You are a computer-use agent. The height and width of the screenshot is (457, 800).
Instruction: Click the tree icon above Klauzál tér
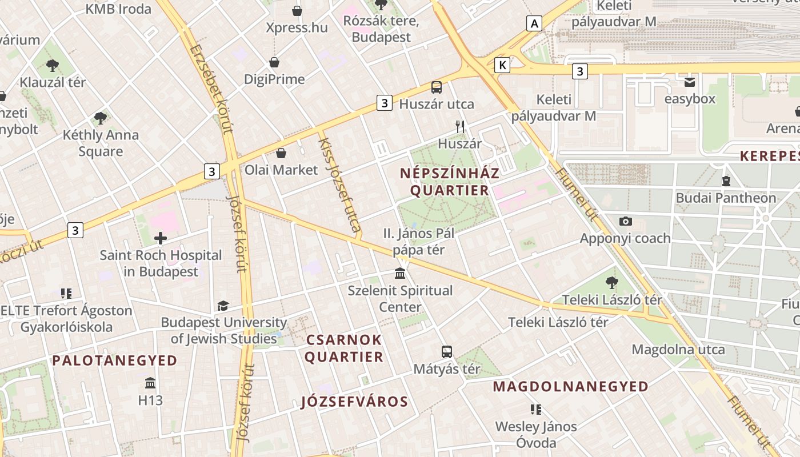point(53,66)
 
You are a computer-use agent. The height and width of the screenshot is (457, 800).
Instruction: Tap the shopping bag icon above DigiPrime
point(274,62)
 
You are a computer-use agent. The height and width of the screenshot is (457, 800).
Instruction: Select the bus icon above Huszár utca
point(437,87)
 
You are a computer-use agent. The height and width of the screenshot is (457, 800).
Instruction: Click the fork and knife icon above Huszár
point(460,127)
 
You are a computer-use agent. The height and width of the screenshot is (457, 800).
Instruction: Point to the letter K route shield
point(502,65)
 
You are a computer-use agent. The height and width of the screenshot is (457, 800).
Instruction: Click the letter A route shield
point(534,23)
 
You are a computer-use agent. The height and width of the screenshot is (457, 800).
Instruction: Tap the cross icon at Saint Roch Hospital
point(161,238)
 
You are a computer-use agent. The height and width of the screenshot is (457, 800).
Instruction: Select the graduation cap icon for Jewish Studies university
point(223,306)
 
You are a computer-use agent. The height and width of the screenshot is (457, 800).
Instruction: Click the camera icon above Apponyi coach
point(626,221)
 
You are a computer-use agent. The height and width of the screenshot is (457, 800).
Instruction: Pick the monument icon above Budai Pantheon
point(726,181)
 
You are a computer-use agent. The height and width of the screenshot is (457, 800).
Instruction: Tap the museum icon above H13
point(150,383)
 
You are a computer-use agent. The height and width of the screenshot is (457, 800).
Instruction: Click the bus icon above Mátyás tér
point(447,352)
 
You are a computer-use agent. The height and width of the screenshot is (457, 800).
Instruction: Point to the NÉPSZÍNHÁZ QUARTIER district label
point(449,182)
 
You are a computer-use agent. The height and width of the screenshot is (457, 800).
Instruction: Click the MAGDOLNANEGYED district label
point(570,387)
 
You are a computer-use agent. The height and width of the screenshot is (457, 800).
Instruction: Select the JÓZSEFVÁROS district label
point(354,402)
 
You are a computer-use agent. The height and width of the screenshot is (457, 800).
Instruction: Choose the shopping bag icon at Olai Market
point(281,153)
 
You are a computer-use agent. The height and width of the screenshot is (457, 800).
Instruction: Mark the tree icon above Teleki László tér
point(611,282)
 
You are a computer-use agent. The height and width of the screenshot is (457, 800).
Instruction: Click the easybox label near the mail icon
point(689,99)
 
